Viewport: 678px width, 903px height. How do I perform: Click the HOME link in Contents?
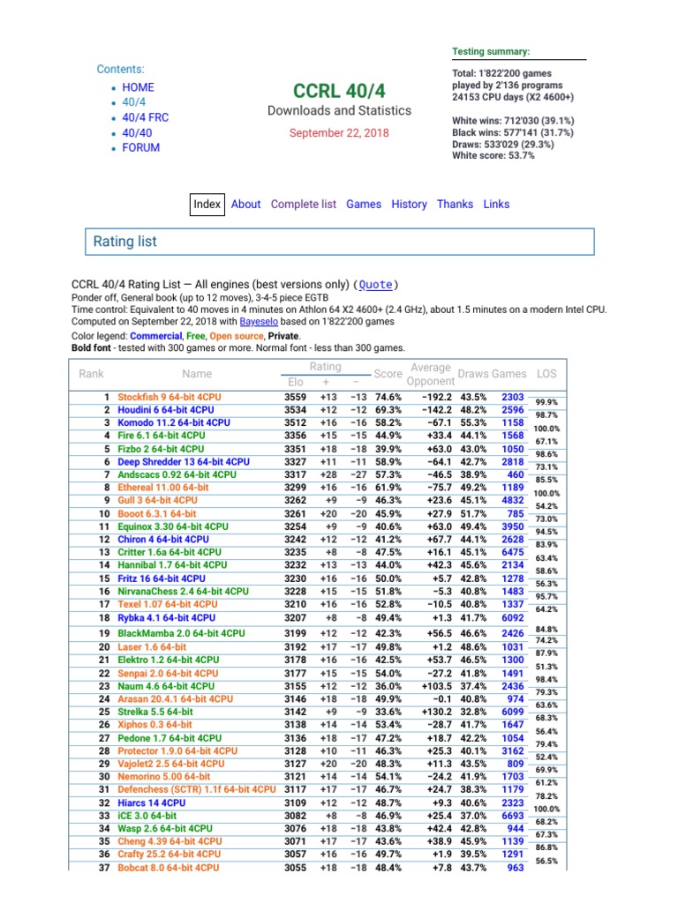coord(138,87)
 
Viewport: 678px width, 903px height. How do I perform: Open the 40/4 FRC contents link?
coord(145,117)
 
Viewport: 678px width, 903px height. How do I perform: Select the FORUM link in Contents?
coord(140,147)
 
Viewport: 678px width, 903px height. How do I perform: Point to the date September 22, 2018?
coord(339,132)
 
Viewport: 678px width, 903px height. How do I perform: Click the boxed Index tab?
coord(207,204)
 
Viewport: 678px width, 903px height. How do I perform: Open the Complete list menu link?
coord(303,204)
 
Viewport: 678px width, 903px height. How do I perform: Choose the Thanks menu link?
coord(455,204)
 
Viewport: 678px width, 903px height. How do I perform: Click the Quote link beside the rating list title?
coord(375,285)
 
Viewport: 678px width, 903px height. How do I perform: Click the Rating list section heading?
coord(125,241)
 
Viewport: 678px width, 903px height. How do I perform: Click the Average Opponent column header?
coord(431,374)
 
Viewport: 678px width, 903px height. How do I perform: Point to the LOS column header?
coord(548,374)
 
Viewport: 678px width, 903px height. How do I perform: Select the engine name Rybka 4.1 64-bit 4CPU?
coord(165,618)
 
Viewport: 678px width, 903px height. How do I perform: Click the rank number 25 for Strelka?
coord(103,711)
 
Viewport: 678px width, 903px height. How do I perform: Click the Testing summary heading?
coord(491,52)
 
